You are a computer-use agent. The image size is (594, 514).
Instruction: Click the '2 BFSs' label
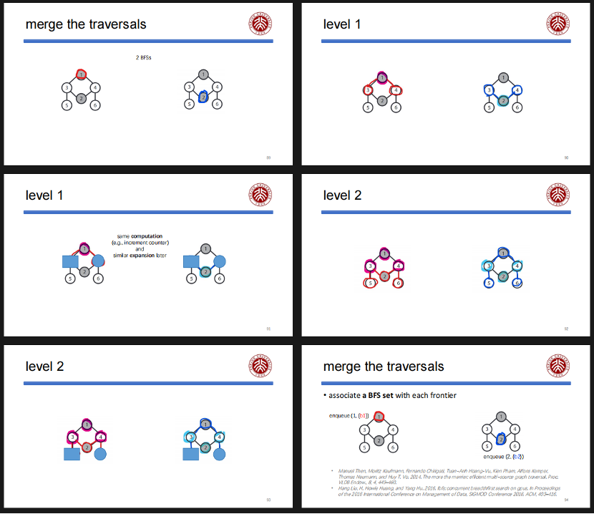(143, 57)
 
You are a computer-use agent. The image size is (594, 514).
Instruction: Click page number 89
(268, 157)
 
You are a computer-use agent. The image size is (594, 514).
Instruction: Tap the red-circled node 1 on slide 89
(82, 74)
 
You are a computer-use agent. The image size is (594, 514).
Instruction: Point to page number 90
(565, 157)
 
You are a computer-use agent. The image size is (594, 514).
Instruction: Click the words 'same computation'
(140, 236)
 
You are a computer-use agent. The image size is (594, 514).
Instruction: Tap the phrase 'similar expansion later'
(140, 256)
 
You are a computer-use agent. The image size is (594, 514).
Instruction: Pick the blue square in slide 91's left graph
(69, 261)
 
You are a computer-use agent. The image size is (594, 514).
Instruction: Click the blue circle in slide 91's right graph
(220, 261)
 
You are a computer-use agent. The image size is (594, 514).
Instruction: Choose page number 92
(565, 329)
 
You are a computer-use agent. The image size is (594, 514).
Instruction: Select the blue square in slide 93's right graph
(191, 454)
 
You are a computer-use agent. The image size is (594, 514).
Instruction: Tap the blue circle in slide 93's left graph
(100, 454)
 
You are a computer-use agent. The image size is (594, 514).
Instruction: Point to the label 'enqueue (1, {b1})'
(349, 415)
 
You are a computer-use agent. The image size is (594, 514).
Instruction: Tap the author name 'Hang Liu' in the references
(346, 488)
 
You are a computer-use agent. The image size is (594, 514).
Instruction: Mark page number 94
(565, 500)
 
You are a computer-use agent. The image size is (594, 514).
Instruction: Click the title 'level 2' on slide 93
(44, 367)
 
